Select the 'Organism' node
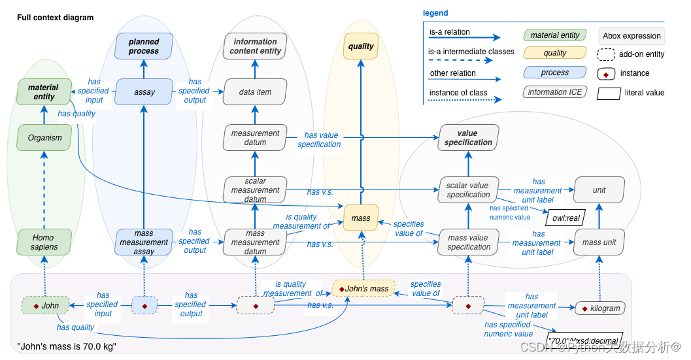point(44,137)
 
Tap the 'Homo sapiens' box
point(44,242)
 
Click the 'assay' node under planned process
point(144,92)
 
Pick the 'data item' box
point(255,92)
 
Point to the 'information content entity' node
point(255,46)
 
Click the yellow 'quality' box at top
point(361,46)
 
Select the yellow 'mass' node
point(361,218)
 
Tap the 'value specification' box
point(468,138)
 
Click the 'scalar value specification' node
point(468,190)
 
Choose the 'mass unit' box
point(599,242)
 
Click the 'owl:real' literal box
point(564,217)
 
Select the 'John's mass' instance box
point(363,288)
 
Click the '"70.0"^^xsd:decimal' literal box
point(584,340)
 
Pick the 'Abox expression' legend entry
point(632,36)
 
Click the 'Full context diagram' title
point(55,18)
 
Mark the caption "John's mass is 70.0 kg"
point(67,346)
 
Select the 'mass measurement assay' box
point(144,242)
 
